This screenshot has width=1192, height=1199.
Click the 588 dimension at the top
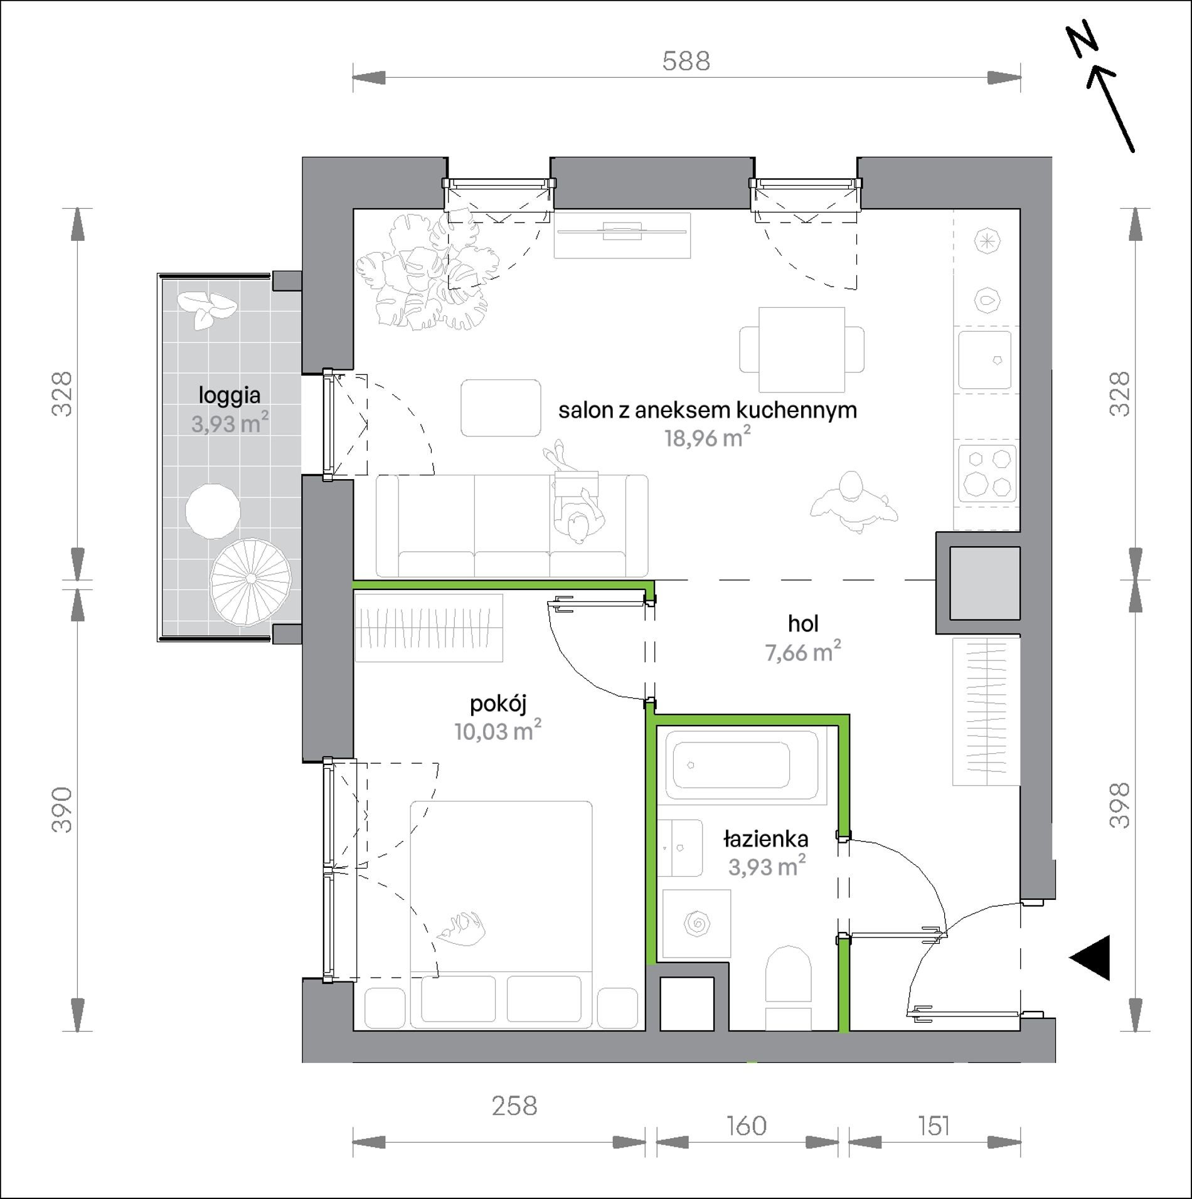click(686, 61)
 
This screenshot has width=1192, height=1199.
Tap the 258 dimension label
click(514, 1106)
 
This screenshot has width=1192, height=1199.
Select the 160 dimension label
click(747, 1126)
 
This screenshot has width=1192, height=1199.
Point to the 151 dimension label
click(934, 1126)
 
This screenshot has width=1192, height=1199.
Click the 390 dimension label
click(62, 810)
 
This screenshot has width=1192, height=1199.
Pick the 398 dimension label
click(1120, 805)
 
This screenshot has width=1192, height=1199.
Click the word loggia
click(229, 396)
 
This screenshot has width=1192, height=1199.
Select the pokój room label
click(498, 704)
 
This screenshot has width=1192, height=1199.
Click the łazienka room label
click(765, 838)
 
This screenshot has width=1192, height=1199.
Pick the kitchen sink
click(985, 360)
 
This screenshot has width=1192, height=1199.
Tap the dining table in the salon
click(802, 349)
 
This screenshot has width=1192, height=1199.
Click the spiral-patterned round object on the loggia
click(251, 582)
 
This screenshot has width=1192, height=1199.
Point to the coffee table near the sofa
click(501, 408)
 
